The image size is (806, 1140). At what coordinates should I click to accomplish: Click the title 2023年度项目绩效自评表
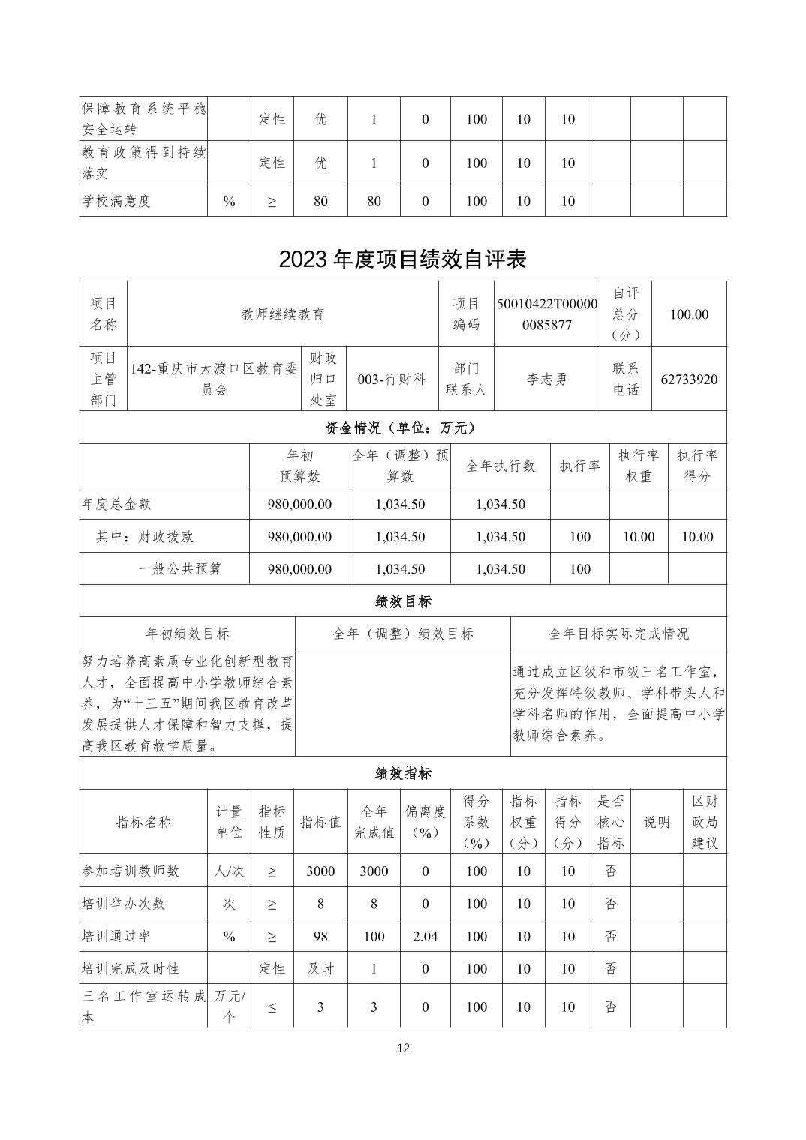click(402, 259)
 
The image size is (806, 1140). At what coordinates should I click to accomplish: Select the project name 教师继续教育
click(282, 314)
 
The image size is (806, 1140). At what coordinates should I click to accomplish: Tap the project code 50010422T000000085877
click(547, 314)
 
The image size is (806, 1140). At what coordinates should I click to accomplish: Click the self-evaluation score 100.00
click(689, 314)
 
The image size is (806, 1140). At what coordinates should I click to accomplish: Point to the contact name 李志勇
click(547, 379)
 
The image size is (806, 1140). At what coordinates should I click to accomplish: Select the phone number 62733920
click(689, 379)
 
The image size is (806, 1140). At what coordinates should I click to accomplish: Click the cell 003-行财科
click(391, 379)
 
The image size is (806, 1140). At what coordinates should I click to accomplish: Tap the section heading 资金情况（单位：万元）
click(402, 427)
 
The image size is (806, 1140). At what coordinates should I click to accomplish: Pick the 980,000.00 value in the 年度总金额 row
click(299, 504)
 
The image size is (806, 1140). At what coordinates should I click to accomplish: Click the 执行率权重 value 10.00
click(639, 537)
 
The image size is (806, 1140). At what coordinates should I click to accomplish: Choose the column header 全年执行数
click(501, 466)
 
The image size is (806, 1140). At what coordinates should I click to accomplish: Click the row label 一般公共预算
click(180, 569)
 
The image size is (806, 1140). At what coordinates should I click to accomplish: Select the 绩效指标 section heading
click(402, 773)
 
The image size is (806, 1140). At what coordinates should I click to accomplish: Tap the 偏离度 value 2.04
click(426, 936)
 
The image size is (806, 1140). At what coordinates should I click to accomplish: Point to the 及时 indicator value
click(320, 968)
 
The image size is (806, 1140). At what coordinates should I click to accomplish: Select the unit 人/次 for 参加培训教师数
click(229, 871)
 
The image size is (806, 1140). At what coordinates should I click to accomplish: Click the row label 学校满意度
click(116, 201)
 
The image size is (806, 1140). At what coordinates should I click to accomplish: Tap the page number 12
click(403, 1048)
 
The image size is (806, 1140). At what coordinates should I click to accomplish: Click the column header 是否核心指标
click(611, 822)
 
